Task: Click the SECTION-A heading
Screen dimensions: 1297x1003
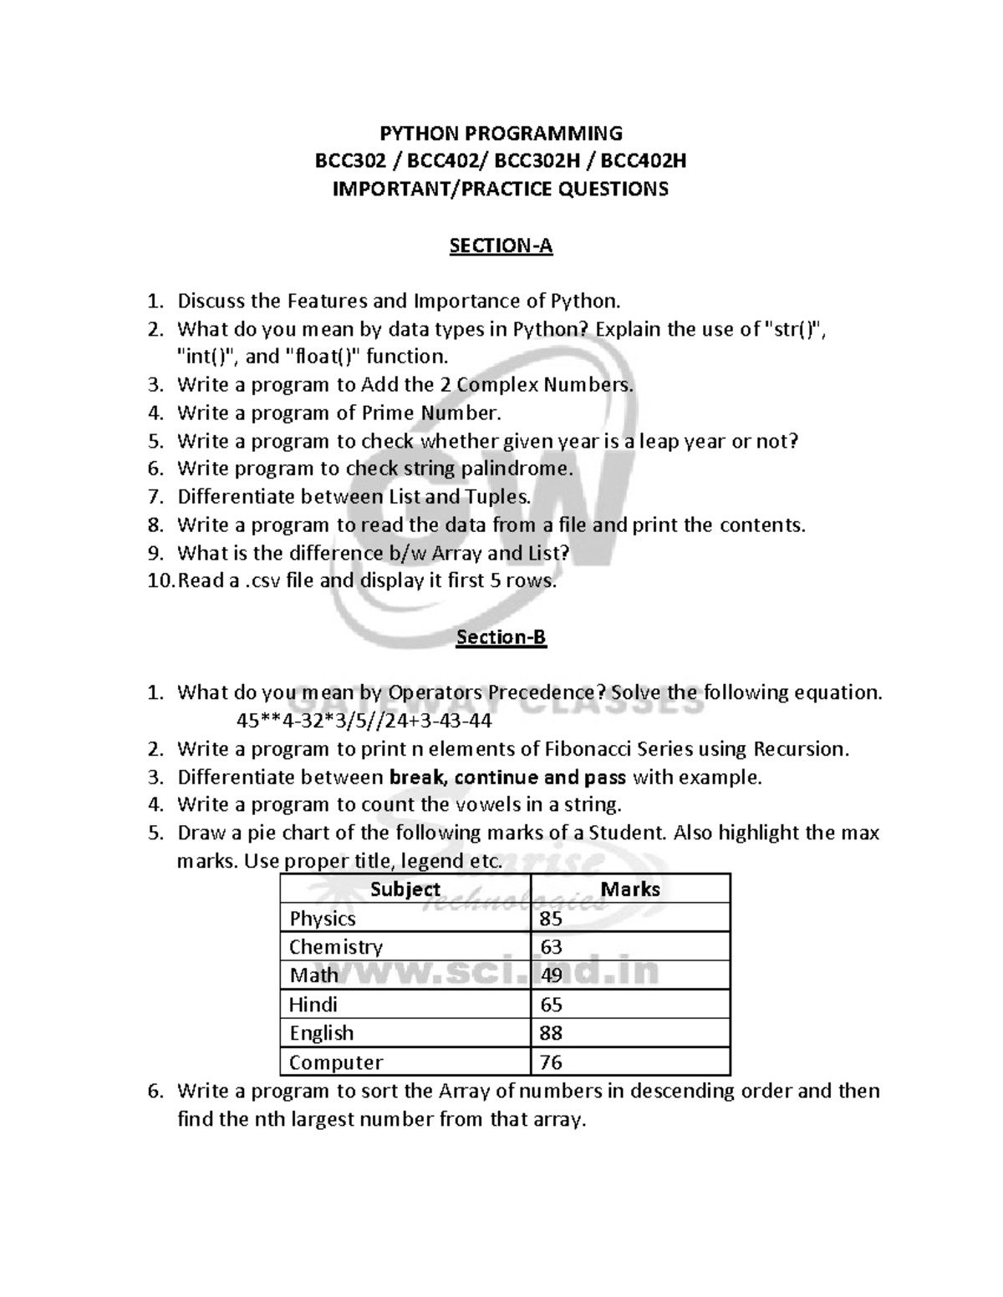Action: [x=501, y=246]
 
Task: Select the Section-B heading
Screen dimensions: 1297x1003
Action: [x=501, y=637]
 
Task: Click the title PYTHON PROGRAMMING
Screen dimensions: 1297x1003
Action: [x=501, y=133]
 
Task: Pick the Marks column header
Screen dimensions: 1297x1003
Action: [x=630, y=889]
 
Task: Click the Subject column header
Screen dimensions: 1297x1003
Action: [x=405, y=889]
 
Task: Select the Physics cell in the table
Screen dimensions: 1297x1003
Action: [x=323, y=919]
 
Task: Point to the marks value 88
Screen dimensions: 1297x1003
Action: [x=551, y=1033]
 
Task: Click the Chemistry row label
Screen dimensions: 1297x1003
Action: [x=336, y=947]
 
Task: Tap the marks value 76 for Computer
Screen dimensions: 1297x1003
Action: [x=551, y=1062]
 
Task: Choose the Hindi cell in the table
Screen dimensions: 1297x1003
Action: [x=313, y=1005]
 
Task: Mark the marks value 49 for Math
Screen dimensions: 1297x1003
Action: [x=551, y=975]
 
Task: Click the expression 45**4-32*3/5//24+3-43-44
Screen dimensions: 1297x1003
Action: [x=364, y=721]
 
